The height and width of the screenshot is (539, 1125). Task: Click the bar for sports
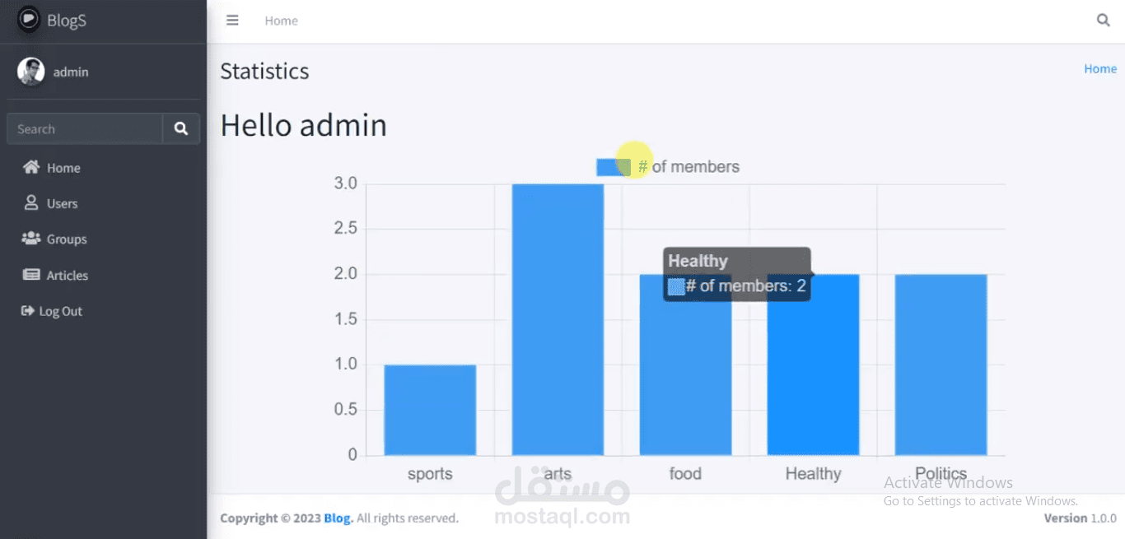click(430, 410)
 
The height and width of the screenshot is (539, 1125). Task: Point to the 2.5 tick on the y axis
click(346, 229)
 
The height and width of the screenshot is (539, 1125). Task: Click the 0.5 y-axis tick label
click(346, 410)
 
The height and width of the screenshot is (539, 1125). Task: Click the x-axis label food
click(685, 474)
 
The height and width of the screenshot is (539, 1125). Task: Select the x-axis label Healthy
click(813, 474)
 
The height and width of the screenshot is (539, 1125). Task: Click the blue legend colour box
click(614, 167)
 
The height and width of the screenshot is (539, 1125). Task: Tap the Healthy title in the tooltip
click(698, 261)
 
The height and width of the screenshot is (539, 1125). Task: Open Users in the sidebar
click(62, 203)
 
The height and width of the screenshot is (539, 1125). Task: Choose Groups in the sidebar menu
click(66, 239)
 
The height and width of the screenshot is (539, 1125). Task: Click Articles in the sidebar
click(67, 276)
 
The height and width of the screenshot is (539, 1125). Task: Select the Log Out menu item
click(60, 311)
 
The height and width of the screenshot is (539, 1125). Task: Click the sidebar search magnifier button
click(181, 129)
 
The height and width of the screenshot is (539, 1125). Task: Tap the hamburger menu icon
click(232, 21)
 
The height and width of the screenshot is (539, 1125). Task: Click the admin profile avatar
click(31, 72)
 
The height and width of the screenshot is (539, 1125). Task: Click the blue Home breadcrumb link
click(1099, 69)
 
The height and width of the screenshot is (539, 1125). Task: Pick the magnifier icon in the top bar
click(1103, 21)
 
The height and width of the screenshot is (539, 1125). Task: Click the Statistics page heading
click(264, 72)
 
